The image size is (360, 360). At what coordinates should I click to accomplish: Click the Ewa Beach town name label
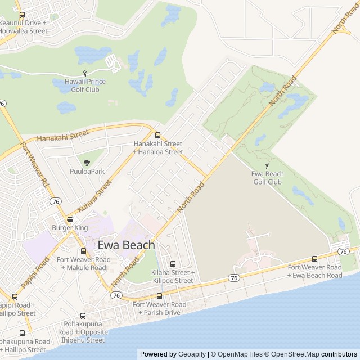tap(126, 245)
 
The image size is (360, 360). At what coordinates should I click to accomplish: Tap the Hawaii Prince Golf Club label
tap(85, 85)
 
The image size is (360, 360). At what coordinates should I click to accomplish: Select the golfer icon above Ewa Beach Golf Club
tap(267, 165)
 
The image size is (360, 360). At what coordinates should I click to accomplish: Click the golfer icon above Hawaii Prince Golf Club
tap(85, 73)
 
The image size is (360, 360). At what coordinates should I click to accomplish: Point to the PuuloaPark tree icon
tap(87, 163)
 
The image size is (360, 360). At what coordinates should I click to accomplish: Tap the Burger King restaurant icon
tap(70, 219)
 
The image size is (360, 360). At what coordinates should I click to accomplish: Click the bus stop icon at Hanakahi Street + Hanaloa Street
tap(157, 135)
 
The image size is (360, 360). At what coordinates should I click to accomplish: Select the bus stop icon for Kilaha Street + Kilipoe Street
tap(173, 264)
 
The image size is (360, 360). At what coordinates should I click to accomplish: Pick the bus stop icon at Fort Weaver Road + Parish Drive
tap(159, 296)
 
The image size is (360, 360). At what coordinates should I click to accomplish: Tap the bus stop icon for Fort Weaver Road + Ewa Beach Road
tap(314, 259)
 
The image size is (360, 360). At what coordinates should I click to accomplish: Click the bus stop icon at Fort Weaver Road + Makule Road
tap(83, 251)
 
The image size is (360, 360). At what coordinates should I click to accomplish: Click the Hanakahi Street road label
tap(63, 136)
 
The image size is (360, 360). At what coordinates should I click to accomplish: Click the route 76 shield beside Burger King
tap(55, 201)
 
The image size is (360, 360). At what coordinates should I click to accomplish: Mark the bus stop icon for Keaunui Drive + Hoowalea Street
tap(22, 15)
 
